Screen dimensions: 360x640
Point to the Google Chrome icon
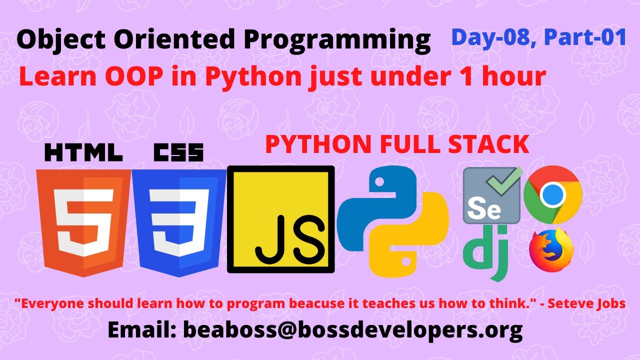(x=552, y=194)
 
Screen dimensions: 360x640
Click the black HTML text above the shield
(x=83, y=152)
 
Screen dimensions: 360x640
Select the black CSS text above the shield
(x=179, y=152)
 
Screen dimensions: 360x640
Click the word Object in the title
(x=55, y=40)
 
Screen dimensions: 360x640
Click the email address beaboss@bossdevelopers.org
(x=352, y=330)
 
